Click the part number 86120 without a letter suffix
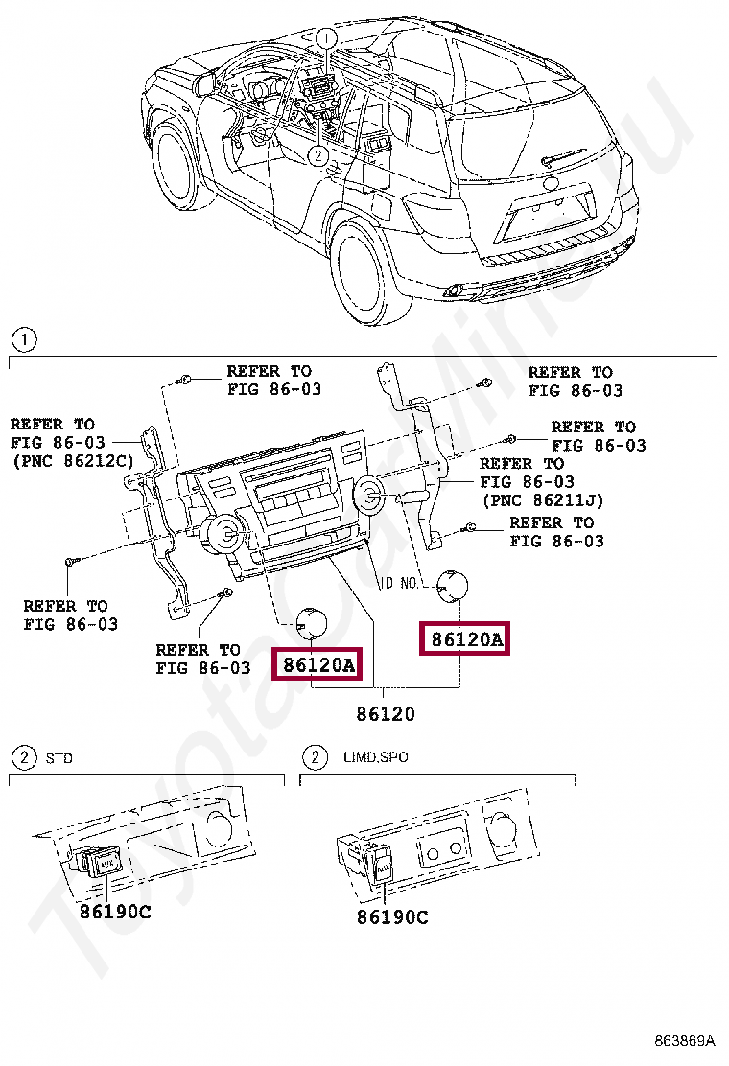386,714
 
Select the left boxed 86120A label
318,662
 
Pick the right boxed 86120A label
465,638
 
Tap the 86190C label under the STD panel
115,912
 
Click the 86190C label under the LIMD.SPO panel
392,917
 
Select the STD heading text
59,758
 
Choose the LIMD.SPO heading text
375,757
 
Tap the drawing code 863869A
685,1040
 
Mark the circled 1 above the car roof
327,38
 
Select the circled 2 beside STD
22,758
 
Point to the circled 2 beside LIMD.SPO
314,758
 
